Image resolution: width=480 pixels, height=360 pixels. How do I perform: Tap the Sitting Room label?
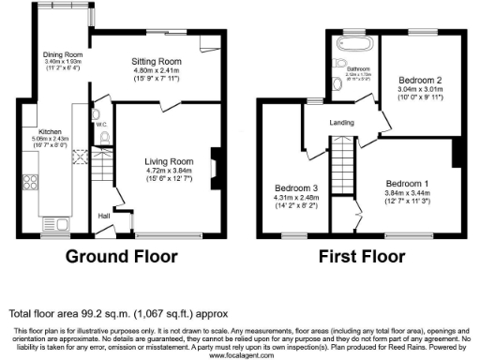[x=156, y=61]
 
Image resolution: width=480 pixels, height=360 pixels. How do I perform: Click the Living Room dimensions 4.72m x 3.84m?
[x=169, y=171]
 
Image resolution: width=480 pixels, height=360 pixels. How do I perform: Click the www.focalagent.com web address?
[x=240, y=355]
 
